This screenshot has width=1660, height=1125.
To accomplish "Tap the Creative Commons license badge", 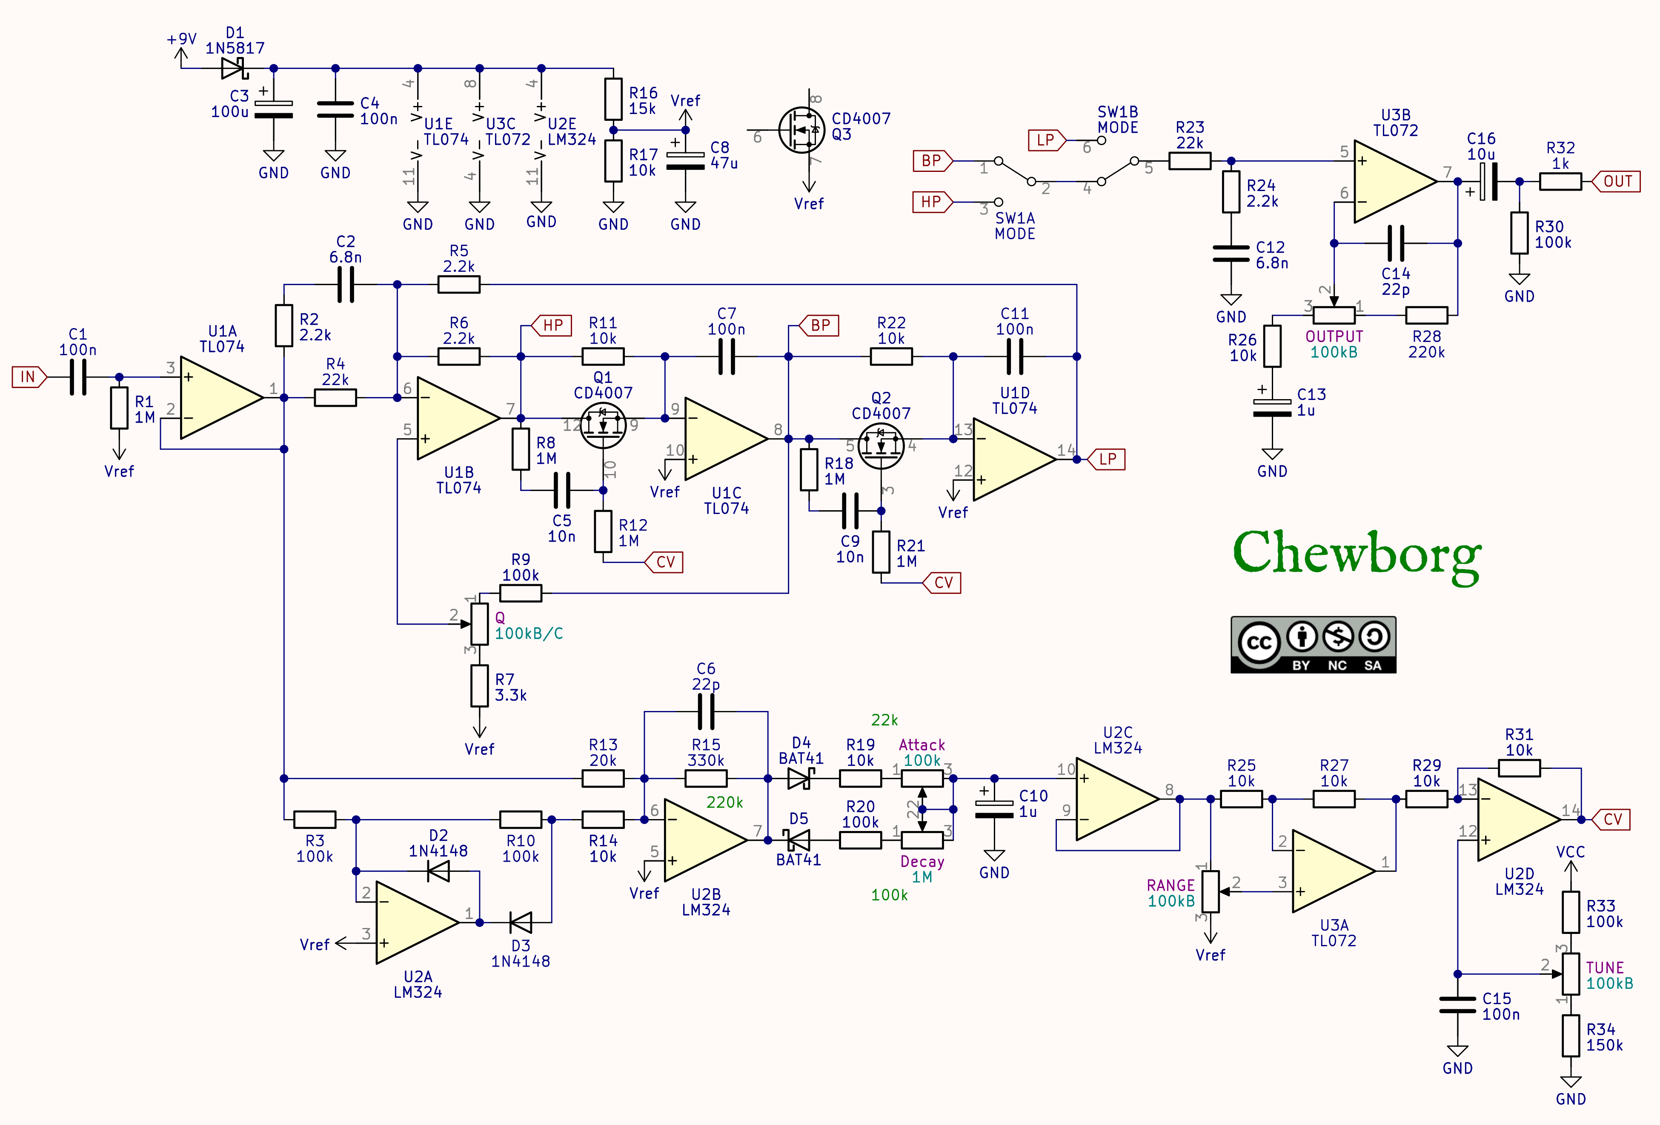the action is pos(1313,645).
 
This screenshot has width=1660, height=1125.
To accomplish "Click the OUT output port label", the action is pos(1616,181).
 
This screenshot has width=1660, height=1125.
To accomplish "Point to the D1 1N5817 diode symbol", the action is pos(234,69).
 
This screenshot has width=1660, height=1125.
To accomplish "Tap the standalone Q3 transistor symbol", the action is pos(801,130).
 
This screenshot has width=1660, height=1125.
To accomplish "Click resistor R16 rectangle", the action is pos(614,99).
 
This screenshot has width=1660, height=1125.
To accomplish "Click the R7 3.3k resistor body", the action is pos(479,686).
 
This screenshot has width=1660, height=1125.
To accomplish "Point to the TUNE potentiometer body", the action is pos(1570,974).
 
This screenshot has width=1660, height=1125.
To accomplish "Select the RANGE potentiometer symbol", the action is pos(1210,891).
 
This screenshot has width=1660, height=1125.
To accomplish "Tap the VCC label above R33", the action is pos(1570,851).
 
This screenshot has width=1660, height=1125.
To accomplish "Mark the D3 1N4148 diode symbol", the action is pos(521,922).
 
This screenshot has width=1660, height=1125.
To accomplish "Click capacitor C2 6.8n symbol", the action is pos(346,284).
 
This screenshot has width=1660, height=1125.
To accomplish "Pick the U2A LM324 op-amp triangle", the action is pos(418,922).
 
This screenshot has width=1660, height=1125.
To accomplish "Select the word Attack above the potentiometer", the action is pos(922,745).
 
